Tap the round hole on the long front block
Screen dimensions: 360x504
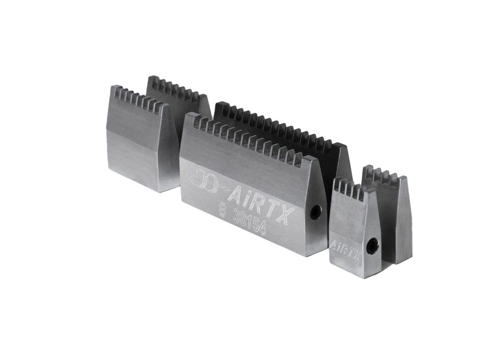(x=315, y=212)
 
